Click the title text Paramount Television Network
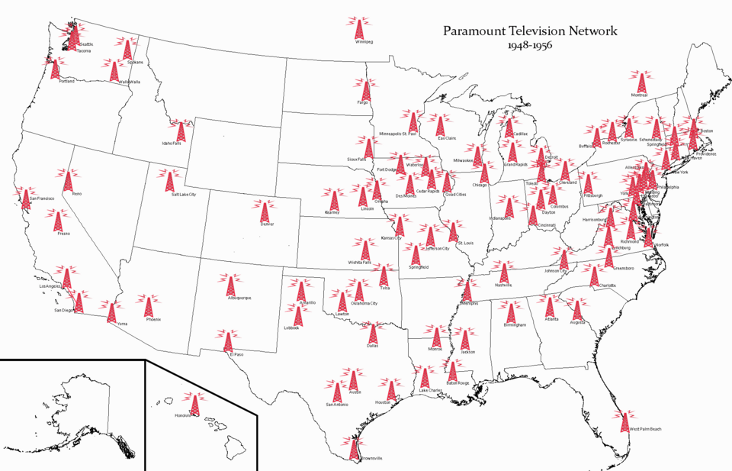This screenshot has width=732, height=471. (530, 31)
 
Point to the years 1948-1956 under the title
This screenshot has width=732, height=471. (530, 46)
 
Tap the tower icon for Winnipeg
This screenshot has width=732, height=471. (358, 29)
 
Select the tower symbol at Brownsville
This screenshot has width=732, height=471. (352, 447)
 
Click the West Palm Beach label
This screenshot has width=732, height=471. (646, 430)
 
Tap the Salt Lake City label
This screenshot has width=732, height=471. (184, 195)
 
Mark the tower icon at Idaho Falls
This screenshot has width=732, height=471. (181, 131)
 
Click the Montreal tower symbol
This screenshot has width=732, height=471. (640, 82)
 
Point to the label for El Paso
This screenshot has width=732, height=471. (233, 353)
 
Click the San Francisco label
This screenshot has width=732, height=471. (43, 198)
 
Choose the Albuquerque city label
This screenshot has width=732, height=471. (239, 298)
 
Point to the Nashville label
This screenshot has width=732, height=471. (502, 286)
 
